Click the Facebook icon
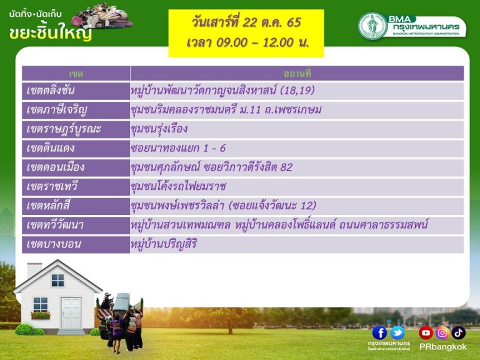click(379, 332)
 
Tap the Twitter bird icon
click(397, 332)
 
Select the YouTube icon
click(426, 332)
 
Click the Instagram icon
click(442, 332)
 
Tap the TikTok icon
click(458, 332)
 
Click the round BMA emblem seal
click(372, 26)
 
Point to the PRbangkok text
click(442, 347)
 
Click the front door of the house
click(71, 313)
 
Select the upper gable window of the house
click(57, 280)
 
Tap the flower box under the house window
click(41, 315)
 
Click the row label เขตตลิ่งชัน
click(51, 91)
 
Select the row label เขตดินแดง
click(50, 148)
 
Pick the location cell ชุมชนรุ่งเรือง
click(159, 129)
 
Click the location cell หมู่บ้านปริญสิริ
click(164, 244)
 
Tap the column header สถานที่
click(297, 74)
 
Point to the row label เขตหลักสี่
click(48, 206)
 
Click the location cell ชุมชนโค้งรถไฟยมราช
click(179, 186)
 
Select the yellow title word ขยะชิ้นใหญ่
click(51, 32)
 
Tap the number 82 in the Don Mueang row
click(286, 167)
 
